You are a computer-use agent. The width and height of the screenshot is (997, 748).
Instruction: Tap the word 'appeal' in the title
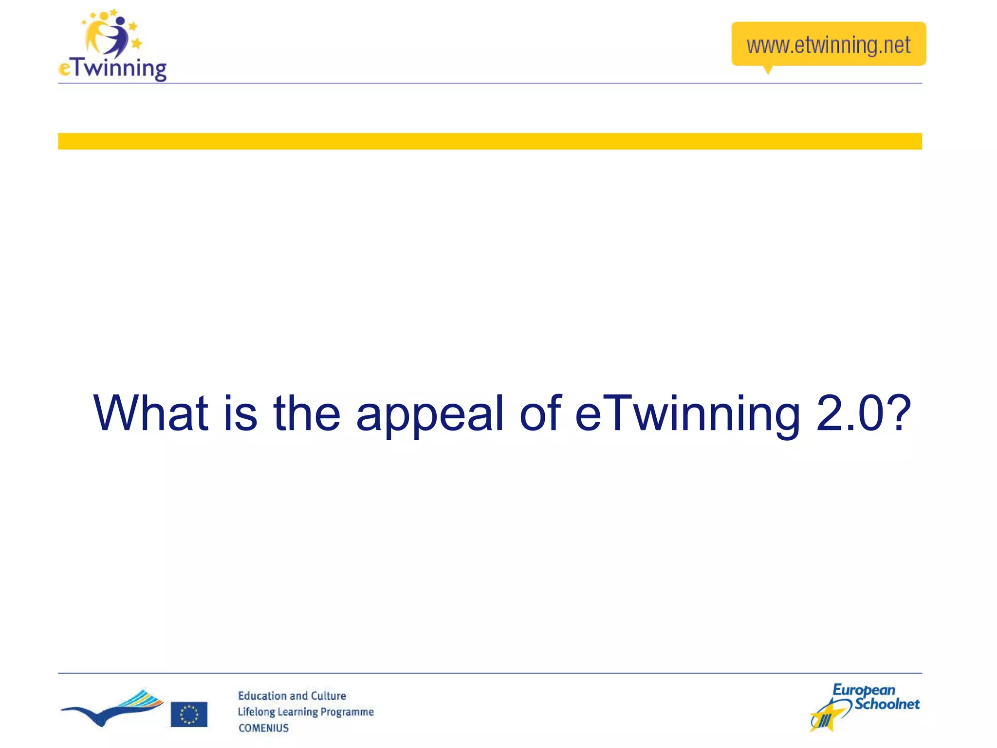(430, 414)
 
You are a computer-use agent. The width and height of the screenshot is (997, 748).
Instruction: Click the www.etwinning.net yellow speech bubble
(828, 44)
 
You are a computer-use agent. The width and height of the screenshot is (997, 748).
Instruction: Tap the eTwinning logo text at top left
(113, 68)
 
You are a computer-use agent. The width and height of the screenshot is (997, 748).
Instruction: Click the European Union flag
(189, 714)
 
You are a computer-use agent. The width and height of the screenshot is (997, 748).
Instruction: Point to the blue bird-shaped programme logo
(112, 709)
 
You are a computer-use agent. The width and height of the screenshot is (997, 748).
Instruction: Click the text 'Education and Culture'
(292, 696)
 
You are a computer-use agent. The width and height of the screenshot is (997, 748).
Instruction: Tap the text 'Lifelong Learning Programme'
(306, 712)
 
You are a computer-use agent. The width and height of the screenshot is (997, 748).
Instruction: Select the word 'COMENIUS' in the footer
(263, 728)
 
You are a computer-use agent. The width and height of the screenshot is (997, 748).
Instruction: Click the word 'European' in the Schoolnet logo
(864, 691)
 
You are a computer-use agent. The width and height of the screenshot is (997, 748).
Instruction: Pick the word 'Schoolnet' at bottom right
(887, 704)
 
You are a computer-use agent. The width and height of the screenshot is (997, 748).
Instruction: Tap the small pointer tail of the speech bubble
(768, 70)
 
